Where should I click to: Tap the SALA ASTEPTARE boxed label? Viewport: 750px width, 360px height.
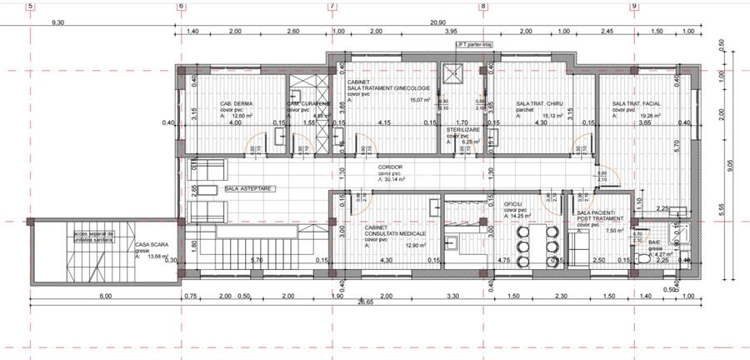coord(249,189)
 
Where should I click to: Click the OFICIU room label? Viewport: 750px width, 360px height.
coord(513,203)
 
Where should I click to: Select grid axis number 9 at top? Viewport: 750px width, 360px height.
coord(635,6)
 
